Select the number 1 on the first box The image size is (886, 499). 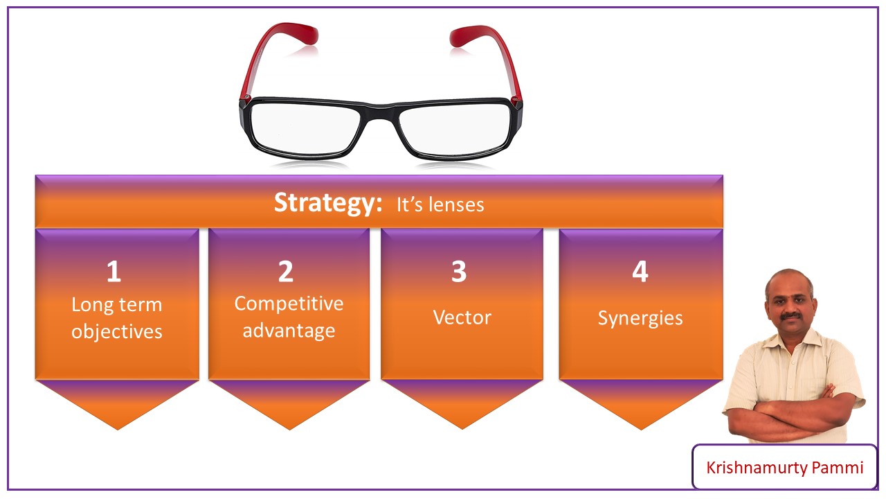tap(114, 272)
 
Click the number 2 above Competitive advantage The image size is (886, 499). tap(286, 272)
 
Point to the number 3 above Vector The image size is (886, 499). tap(459, 272)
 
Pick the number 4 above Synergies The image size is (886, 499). tap(640, 272)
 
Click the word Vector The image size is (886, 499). tap(462, 317)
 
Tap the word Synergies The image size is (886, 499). tap(640, 318)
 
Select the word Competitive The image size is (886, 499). tap(289, 304)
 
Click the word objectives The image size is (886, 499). tap(117, 331)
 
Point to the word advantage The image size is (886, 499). tap(289, 331)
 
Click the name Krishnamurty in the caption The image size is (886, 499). tap(762, 468)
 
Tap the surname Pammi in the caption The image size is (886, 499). tap(843, 468)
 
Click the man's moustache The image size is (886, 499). tap(790, 317)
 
